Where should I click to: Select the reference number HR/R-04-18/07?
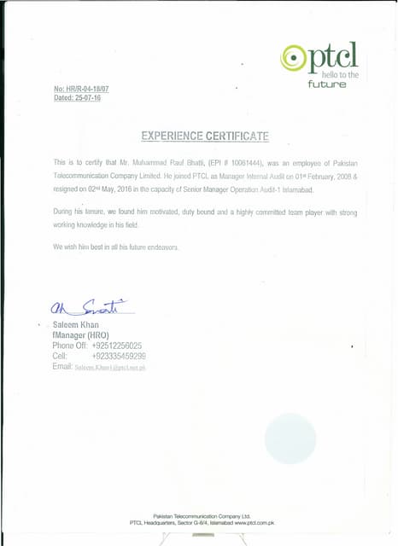coord(88,89)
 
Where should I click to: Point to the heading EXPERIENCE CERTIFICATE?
coord(204,136)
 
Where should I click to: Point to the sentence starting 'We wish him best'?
coord(115,247)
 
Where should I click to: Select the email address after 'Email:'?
coord(110,367)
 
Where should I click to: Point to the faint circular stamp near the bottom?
coord(290,438)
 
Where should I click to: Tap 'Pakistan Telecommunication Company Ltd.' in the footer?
coord(201,516)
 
